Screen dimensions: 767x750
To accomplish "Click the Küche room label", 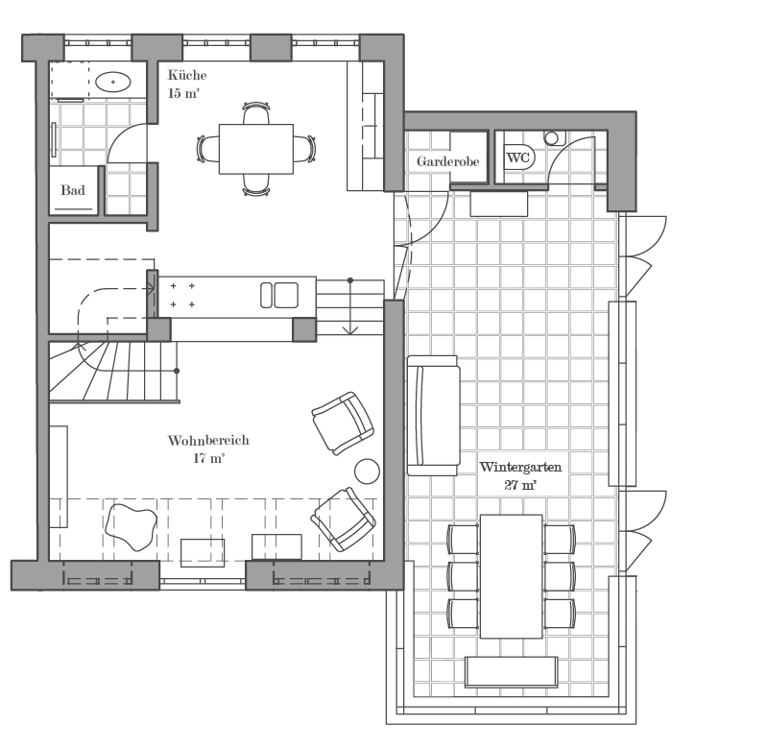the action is (187, 75).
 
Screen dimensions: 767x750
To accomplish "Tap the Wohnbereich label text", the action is (208, 441).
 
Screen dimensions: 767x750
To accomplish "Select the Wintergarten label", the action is (520, 467).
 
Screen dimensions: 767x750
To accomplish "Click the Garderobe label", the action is (447, 161).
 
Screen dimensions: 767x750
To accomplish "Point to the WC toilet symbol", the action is (518, 157).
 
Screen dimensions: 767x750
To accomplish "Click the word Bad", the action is (73, 190).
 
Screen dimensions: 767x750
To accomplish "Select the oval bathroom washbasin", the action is (113, 82).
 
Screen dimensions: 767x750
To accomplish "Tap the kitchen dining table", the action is (256, 149).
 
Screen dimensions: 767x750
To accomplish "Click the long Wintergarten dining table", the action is (511, 576).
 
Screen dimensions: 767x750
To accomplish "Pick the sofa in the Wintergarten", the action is (433, 416).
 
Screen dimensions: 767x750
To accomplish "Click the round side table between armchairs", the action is (367, 472).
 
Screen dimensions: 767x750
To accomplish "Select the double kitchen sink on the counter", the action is (279, 295).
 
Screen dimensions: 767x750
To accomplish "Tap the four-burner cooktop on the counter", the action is (182, 295).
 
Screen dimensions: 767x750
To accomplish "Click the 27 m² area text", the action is (520, 485).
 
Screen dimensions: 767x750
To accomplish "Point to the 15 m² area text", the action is (183, 93).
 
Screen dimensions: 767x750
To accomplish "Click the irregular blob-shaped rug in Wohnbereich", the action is (132, 527).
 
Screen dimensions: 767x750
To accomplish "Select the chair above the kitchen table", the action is (256, 112).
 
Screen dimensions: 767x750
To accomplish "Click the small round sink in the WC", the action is (552, 138).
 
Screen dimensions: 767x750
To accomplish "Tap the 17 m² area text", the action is (209, 458).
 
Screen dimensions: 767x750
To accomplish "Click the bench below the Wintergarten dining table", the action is (511, 671).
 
